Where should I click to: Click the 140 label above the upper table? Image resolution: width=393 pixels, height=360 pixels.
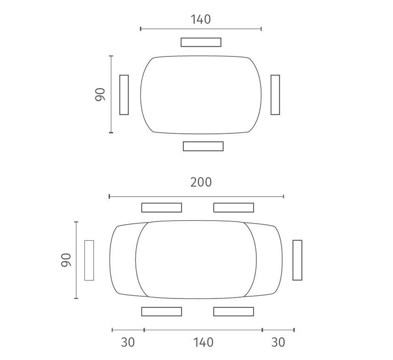click(201, 19)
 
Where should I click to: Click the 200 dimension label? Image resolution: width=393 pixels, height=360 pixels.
click(201, 182)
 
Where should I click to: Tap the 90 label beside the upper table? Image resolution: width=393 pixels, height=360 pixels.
click(100, 94)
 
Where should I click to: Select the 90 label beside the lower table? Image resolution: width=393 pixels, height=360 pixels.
click(66, 260)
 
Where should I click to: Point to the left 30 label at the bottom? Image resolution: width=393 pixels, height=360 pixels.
click(128, 342)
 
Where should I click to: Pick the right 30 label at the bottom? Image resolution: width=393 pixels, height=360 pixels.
click(278, 342)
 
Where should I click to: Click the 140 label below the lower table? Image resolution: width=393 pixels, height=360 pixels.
click(203, 342)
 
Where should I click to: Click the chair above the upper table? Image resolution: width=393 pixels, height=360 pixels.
click(201, 42)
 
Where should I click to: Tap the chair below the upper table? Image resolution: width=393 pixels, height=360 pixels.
click(203, 146)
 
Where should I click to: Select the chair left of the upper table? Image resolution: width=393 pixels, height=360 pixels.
click(124, 95)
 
